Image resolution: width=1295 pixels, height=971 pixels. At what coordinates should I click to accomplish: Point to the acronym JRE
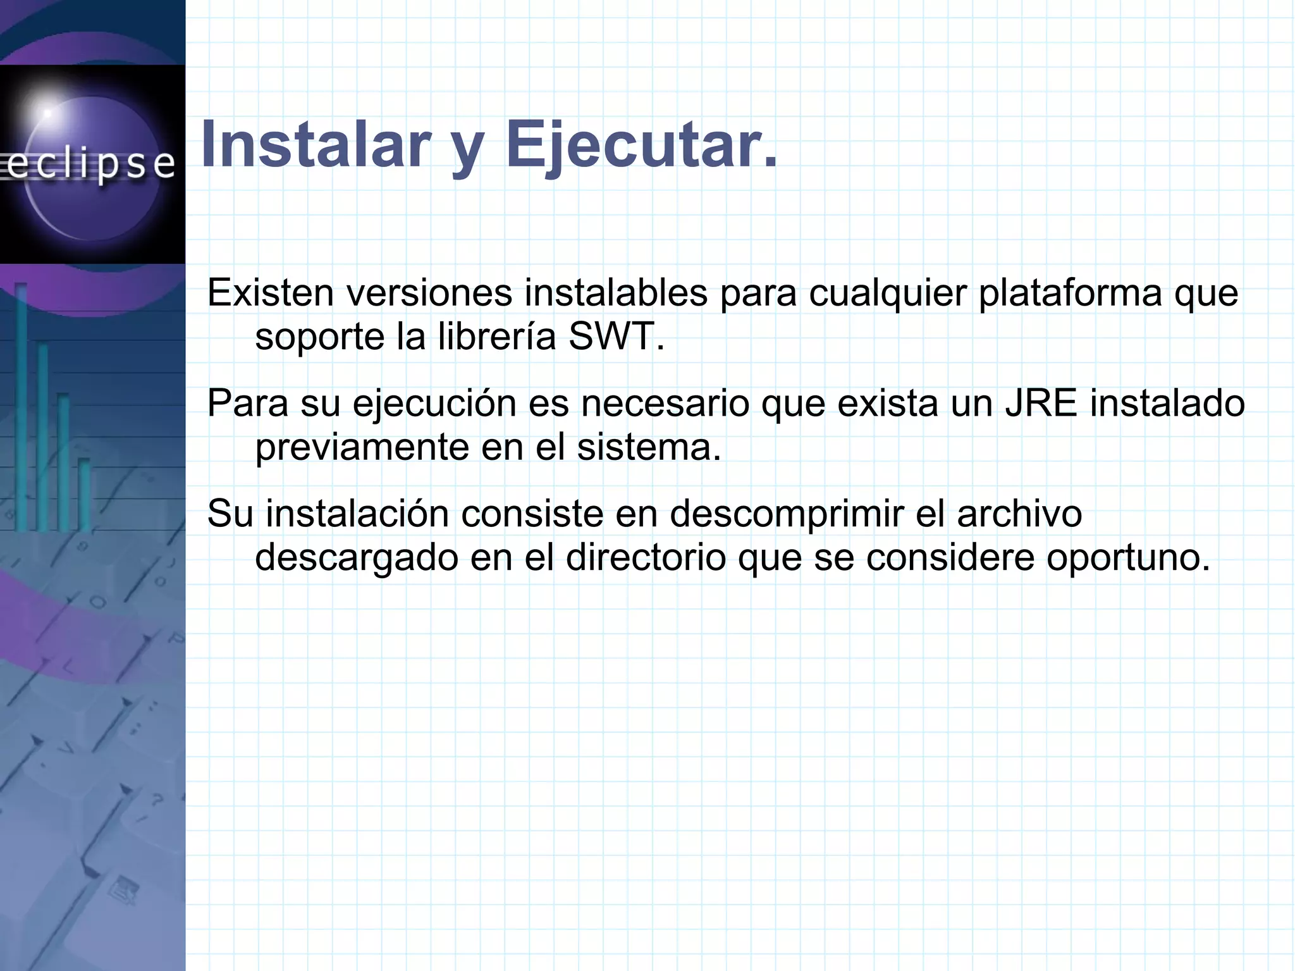coord(1041,404)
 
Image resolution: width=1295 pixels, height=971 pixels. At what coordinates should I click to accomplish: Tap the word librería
coord(496,337)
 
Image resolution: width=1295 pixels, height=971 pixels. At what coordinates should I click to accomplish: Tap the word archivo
coord(1019,514)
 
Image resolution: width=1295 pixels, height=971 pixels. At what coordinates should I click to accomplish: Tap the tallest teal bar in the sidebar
coord(21,405)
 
